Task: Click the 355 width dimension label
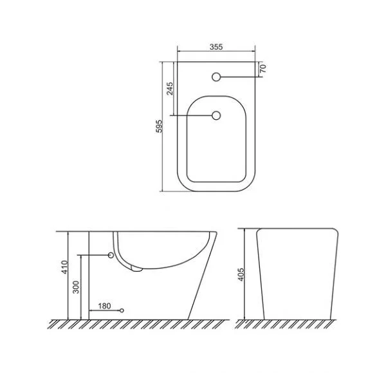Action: tap(216, 46)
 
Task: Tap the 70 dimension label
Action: tap(263, 68)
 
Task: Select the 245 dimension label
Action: tap(170, 88)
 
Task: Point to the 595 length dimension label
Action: tap(160, 126)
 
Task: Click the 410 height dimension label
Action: tap(64, 267)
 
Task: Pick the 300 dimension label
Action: tap(77, 287)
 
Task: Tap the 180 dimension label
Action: tap(104, 306)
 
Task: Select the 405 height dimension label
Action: tap(241, 274)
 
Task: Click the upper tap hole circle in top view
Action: tap(216, 77)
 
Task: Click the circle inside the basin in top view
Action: tap(216, 115)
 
